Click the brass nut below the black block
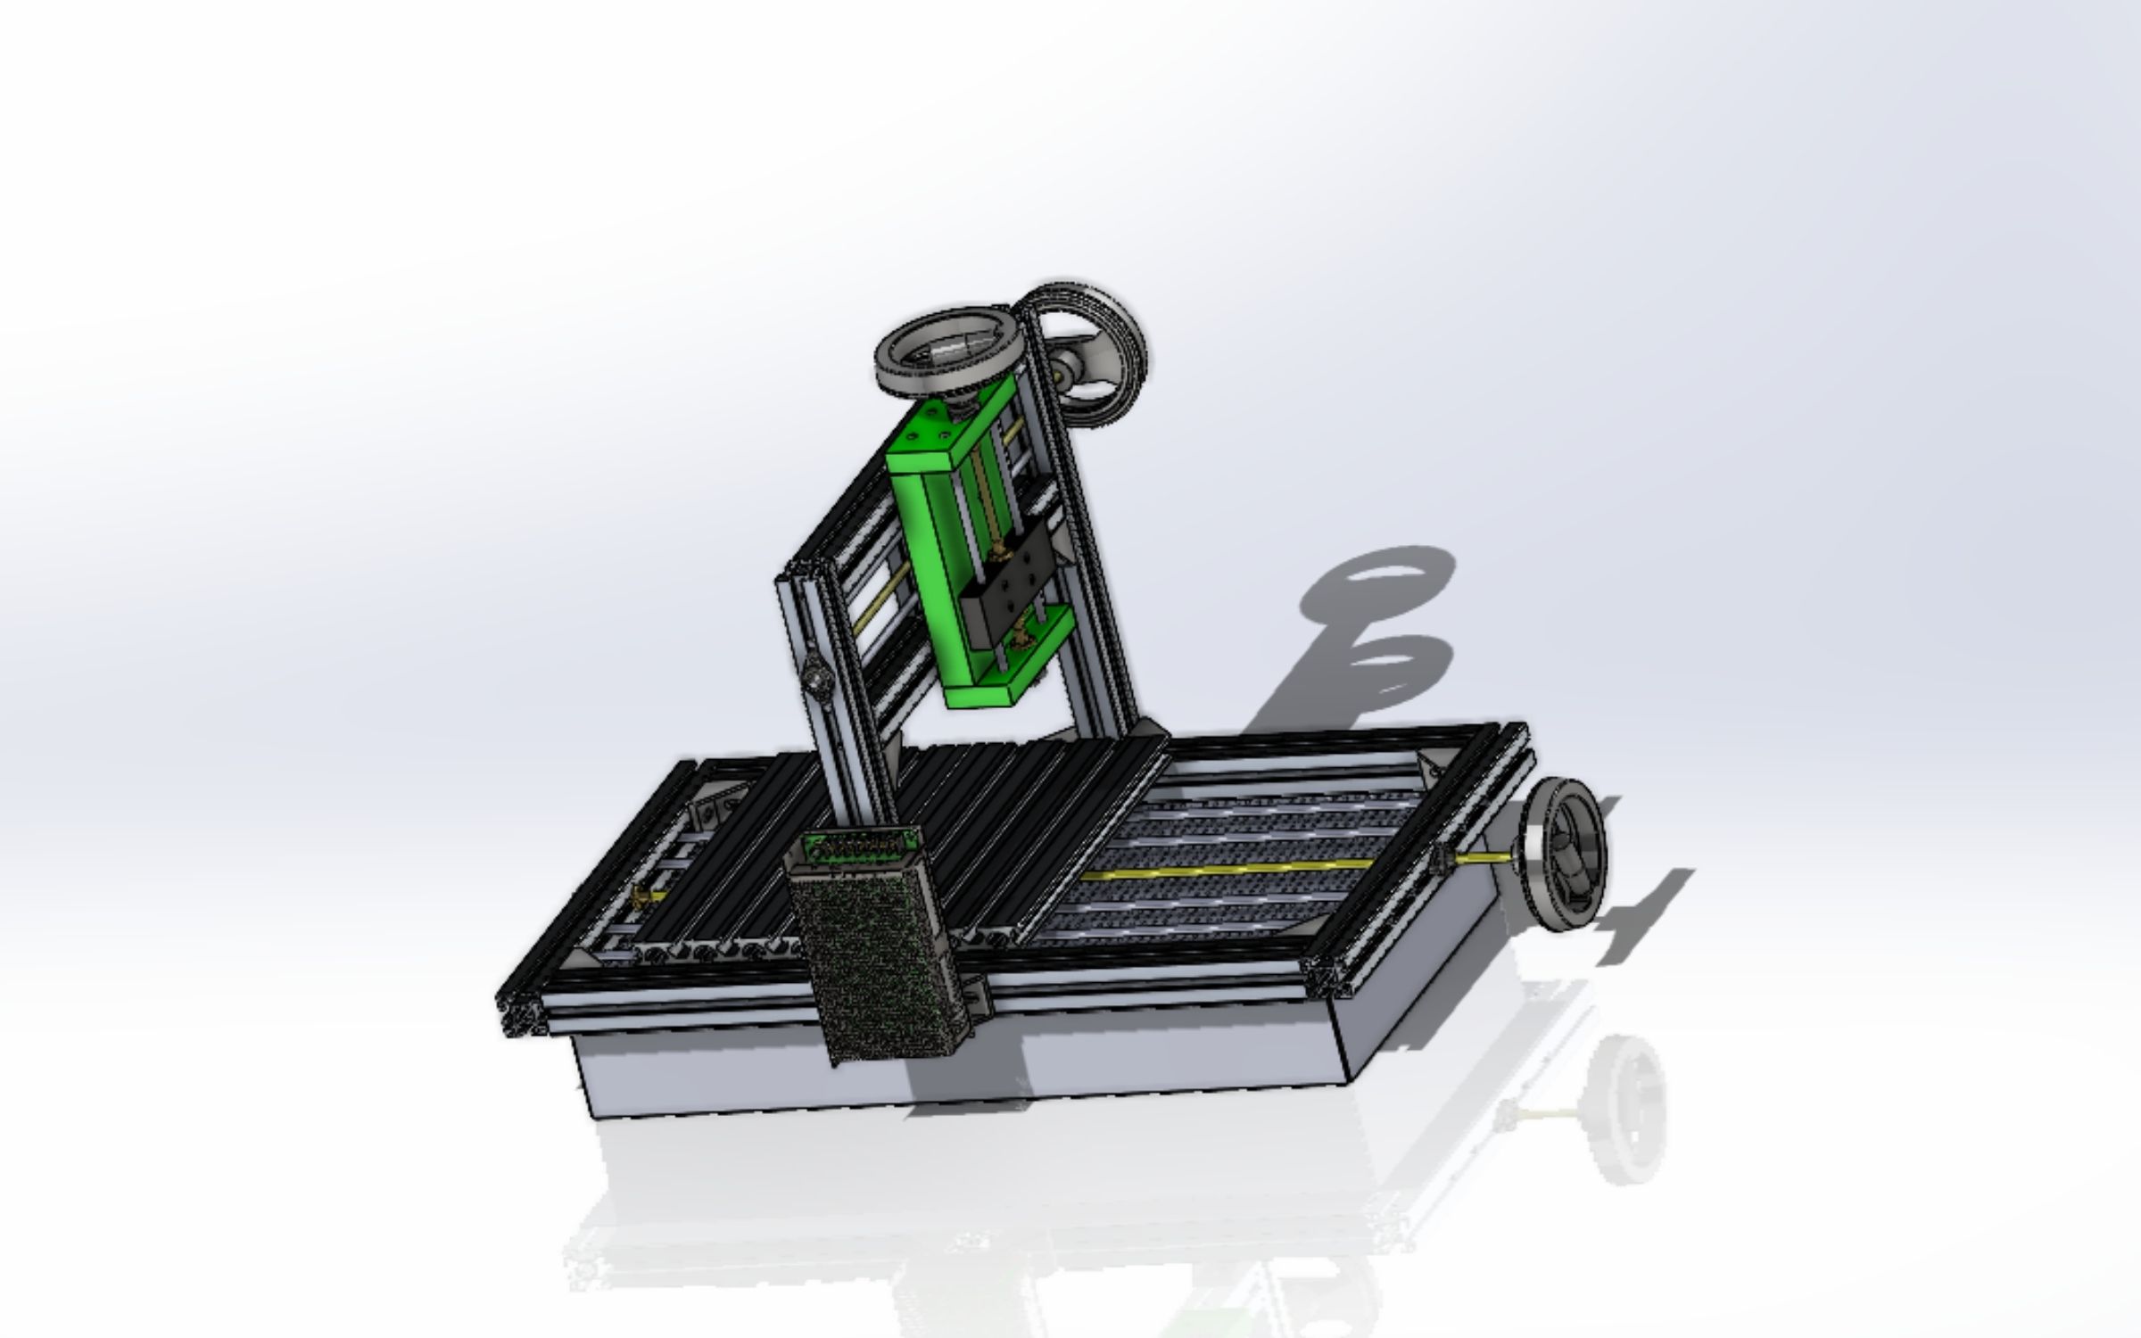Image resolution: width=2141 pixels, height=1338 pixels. tap(1019, 639)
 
